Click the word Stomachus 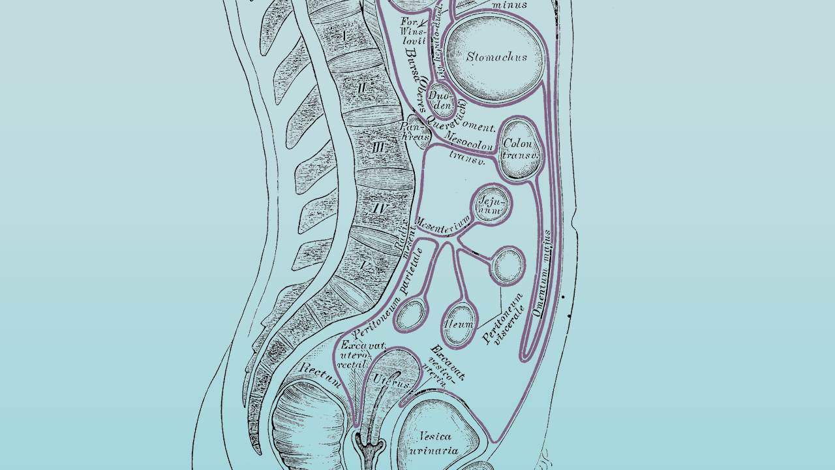[x=496, y=57]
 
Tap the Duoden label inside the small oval [x=440, y=101]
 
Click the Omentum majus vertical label [x=543, y=273]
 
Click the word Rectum [x=319, y=373]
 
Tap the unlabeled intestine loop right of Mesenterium [x=508, y=265]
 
